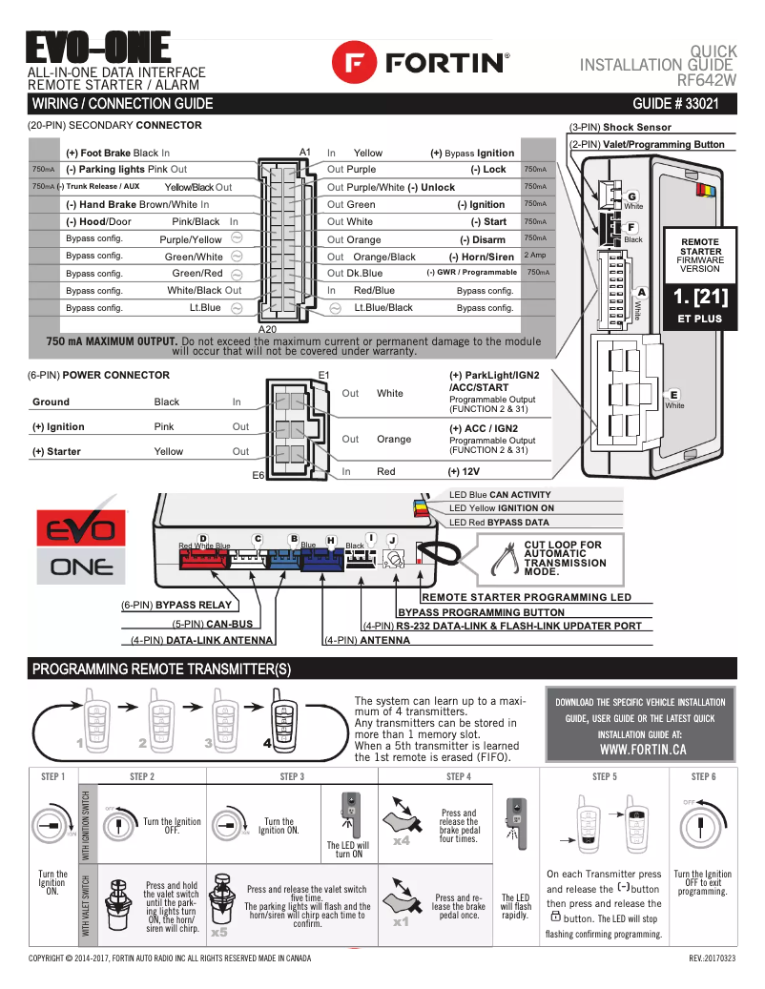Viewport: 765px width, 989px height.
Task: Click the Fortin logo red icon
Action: (x=355, y=63)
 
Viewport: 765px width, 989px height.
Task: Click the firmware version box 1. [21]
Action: (x=700, y=296)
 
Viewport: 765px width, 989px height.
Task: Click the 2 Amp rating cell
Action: (x=535, y=256)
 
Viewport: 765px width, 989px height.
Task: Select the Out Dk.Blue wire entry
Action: (x=355, y=274)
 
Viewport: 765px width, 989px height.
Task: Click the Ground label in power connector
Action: (x=51, y=402)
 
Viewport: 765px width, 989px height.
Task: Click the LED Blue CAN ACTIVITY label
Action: (x=500, y=495)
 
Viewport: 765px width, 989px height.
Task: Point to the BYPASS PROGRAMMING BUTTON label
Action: (x=481, y=612)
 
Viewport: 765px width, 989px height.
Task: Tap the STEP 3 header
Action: (x=292, y=776)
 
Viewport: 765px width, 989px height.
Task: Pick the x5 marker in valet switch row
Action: (x=219, y=932)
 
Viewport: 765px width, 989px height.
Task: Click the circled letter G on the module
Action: (x=631, y=196)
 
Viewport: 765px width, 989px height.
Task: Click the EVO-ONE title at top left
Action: (x=98, y=48)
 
